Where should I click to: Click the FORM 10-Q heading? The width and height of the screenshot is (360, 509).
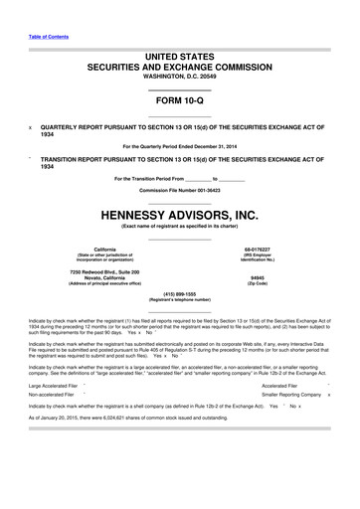(x=179, y=103)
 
